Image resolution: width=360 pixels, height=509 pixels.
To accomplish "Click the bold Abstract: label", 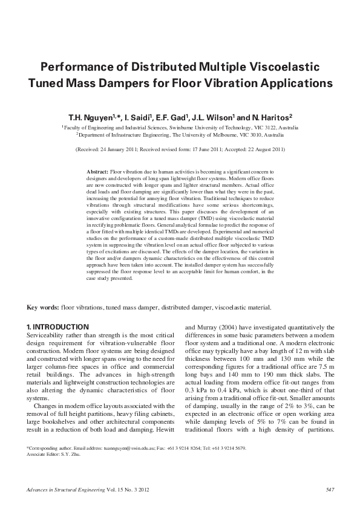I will click(99, 172).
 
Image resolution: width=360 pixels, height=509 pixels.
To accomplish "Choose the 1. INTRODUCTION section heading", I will click(58, 326).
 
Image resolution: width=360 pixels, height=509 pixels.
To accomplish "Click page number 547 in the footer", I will click(330, 489).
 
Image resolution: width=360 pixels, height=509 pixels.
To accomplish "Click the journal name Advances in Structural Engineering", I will click(67, 489).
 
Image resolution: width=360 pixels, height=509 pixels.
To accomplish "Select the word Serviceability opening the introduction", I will click(47, 334).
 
